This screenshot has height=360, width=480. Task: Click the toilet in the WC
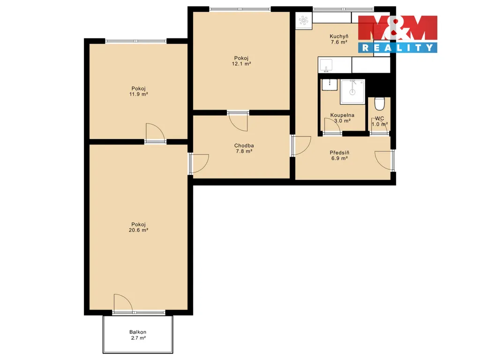click(380, 104)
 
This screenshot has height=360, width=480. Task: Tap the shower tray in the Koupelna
click(352, 91)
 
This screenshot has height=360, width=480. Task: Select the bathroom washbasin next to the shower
click(330, 84)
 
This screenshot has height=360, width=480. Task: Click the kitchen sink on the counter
click(326, 65)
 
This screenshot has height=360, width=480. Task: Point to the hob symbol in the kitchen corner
click(303, 21)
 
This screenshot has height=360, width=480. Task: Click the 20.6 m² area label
click(138, 230)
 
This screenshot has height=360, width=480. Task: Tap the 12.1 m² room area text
click(241, 64)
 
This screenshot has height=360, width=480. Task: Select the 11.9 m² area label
click(138, 94)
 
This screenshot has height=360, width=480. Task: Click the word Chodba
click(244, 146)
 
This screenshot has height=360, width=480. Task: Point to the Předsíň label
click(339, 152)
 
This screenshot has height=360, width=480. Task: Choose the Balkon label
click(138, 332)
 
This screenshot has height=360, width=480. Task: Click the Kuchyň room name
click(339, 37)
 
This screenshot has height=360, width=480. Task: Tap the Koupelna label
click(342, 115)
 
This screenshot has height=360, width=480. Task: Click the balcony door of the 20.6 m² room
click(123, 304)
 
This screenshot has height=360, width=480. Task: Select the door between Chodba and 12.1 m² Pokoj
click(238, 121)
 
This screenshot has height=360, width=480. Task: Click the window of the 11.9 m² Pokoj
click(136, 41)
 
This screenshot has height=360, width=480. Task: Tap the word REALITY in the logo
click(397, 48)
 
